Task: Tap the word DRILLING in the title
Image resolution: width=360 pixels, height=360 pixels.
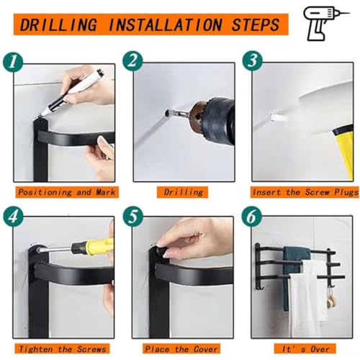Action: tap(58, 24)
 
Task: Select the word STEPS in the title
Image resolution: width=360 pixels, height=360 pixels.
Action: tap(256, 24)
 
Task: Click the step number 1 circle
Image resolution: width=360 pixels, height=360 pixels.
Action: tap(13, 62)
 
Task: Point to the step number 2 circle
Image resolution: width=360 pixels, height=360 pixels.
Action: tap(132, 60)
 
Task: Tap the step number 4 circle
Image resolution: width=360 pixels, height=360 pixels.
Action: tap(13, 217)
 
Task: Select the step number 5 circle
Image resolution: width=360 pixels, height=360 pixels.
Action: tap(133, 217)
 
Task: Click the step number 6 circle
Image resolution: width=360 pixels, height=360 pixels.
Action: tap(252, 217)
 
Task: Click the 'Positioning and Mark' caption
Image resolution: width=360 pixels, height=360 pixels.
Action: tap(67, 192)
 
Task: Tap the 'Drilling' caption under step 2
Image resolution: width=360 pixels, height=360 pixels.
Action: tap(183, 192)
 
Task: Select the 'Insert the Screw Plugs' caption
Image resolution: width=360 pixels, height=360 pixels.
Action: tap(305, 192)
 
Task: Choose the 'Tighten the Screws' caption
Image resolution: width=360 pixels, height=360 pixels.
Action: tap(62, 348)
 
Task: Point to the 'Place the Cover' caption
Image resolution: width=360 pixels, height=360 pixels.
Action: tap(181, 348)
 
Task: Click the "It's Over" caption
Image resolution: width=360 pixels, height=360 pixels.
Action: tap(305, 348)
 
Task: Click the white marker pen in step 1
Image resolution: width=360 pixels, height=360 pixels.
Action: tap(73, 92)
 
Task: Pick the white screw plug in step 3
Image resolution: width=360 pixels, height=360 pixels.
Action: tap(279, 117)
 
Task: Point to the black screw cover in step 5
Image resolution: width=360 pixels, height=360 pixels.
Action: tap(161, 251)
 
